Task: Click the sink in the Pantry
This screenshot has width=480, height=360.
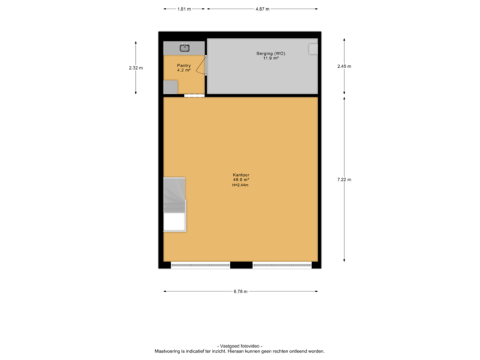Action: [185, 47]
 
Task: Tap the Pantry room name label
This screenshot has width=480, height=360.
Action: [183, 65]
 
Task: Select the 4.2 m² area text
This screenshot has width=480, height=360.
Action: [183, 70]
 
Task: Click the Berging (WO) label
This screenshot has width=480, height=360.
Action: [266, 53]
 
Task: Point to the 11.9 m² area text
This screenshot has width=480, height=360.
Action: [267, 59]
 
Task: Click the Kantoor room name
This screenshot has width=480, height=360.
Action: [241, 175]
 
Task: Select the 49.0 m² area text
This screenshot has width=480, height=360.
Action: [241, 180]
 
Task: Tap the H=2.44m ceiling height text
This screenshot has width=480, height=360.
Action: [241, 185]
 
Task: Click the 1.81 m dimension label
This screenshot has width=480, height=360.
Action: [183, 9]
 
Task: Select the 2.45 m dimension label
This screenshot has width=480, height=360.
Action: [344, 66]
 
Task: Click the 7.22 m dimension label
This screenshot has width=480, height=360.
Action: [344, 179]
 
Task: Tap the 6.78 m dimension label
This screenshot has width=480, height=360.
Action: [241, 291]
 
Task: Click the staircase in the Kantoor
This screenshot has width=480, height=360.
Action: [175, 195]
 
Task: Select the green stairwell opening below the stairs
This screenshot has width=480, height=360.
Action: [175, 222]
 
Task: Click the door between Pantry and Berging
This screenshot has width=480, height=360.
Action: [204, 65]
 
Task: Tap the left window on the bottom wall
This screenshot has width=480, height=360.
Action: [200, 265]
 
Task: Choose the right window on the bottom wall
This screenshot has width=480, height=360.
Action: [282, 265]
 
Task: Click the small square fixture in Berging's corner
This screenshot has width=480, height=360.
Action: [313, 48]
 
